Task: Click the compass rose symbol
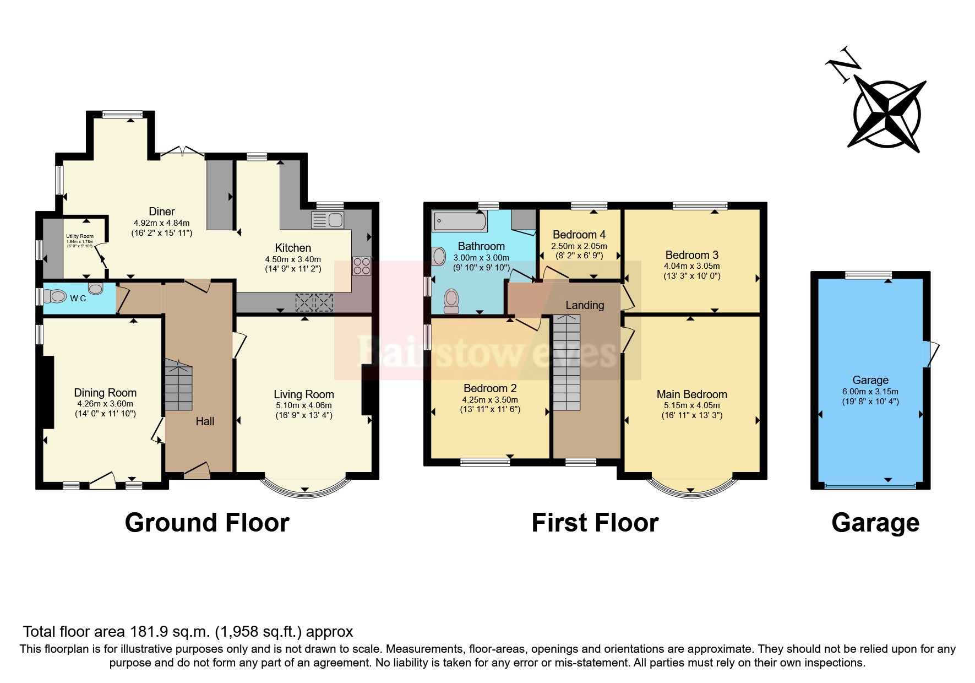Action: pyautogui.click(x=886, y=115)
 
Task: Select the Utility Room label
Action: pyautogui.click(x=80, y=236)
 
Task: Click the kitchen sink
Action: pyautogui.click(x=328, y=220)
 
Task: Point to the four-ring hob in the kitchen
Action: pyautogui.click(x=361, y=266)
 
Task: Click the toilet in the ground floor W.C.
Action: pyautogui.click(x=55, y=296)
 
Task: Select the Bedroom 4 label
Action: pyautogui.click(x=579, y=234)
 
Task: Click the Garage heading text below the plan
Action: pyautogui.click(x=875, y=522)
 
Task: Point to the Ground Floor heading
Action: pyautogui.click(x=207, y=522)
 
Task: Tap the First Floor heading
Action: pyautogui.click(x=595, y=522)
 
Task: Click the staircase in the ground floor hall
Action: pyautogui.click(x=178, y=386)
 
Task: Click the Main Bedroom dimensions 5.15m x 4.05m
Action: pyautogui.click(x=691, y=405)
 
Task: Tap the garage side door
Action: pyautogui.click(x=932, y=353)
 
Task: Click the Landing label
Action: pyautogui.click(x=585, y=305)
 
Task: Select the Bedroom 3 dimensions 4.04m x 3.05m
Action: pyautogui.click(x=692, y=265)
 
